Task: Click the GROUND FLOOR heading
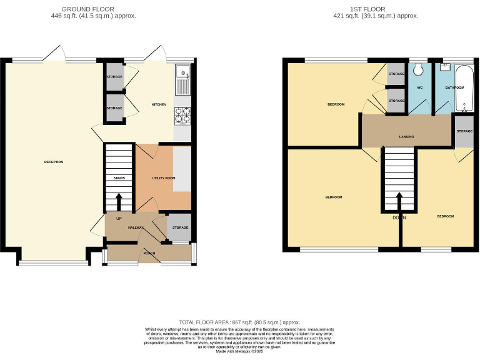[x=87, y=9]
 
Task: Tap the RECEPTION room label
[x=54, y=162]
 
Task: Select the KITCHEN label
[x=159, y=104]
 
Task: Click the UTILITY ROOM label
[x=164, y=178]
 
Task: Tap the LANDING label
[x=406, y=137]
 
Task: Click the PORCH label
[x=149, y=253]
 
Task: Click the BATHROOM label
[x=454, y=88]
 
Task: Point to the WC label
[x=420, y=88]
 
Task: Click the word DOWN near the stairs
[x=399, y=217]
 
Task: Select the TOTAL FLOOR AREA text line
[x=239, y=321]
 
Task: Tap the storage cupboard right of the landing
[x=464, y=132]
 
